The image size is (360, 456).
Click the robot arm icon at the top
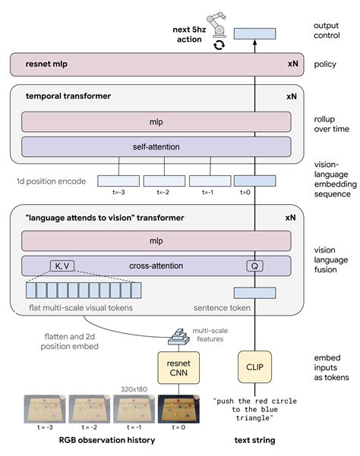pos(219,25)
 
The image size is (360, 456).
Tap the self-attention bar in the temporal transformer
pos(156,146)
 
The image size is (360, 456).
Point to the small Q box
pos(254,266)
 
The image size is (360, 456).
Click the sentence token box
pos(254,293)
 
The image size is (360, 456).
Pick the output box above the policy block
pos(254,33)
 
